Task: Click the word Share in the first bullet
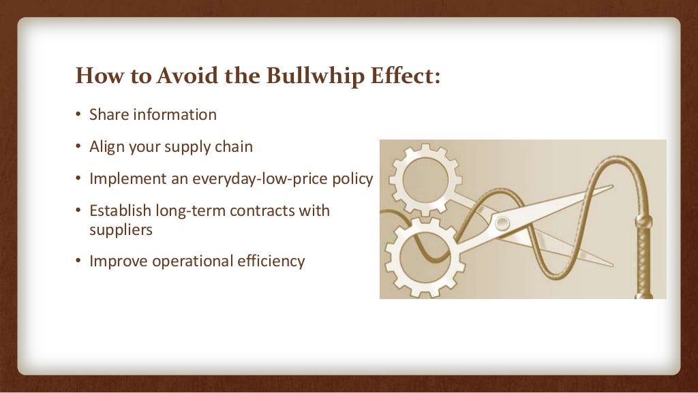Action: (x=109, y=114)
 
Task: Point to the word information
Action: (x=174, y=114)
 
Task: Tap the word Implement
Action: (x=128, y=178)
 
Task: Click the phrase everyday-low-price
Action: (x=273, y=178)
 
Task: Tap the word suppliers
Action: (x=121, y=230)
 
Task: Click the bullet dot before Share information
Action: (x=78, y=115)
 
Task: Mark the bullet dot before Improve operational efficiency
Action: (x=78, y=262)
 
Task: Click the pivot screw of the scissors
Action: (x=501, y=223)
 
